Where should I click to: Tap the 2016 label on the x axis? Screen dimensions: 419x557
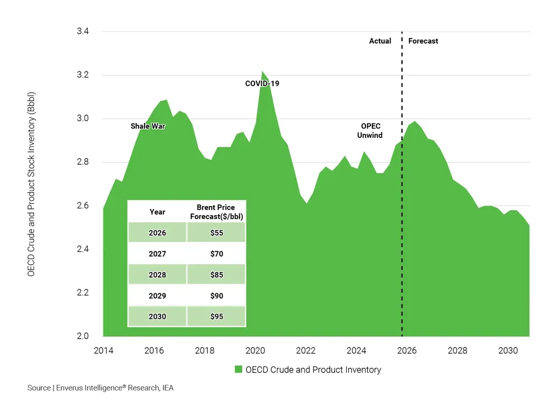coord(154,351)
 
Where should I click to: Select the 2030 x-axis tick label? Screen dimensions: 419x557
coord(508,351)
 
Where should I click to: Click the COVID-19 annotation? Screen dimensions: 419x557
coord(262,84)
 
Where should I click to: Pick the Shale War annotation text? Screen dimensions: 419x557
coord(148,126)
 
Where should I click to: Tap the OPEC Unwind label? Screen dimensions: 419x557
coord(369,131)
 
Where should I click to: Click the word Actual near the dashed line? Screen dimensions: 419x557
coord(380,41)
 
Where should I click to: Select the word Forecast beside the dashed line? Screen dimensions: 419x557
coord(423,41)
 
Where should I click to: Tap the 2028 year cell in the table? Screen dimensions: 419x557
coord(157,274)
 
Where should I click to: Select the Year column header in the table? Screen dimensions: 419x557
coord(157,212)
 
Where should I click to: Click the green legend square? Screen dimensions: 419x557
coord(238,369)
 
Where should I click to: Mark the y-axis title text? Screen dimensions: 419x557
coord(31,184)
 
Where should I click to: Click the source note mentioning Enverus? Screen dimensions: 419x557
coord(100,388)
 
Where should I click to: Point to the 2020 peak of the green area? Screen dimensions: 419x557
coord(262,72)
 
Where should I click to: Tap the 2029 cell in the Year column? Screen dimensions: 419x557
coord(157,296)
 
